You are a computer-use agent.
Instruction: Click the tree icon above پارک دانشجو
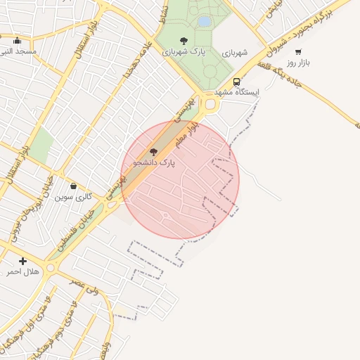coord(153,152)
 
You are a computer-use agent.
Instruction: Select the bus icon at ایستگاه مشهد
coord(237,82)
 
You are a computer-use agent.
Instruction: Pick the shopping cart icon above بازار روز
coord(299,51)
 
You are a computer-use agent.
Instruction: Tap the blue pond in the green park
coord(205,22)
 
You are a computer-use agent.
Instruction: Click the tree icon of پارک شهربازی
coord(184,41)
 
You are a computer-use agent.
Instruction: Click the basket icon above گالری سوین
coord(74,186)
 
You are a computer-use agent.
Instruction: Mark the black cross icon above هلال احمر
coord(22,261)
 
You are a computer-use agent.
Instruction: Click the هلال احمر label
coord(22,271)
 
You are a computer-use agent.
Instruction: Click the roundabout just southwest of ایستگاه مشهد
coord(211,104)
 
